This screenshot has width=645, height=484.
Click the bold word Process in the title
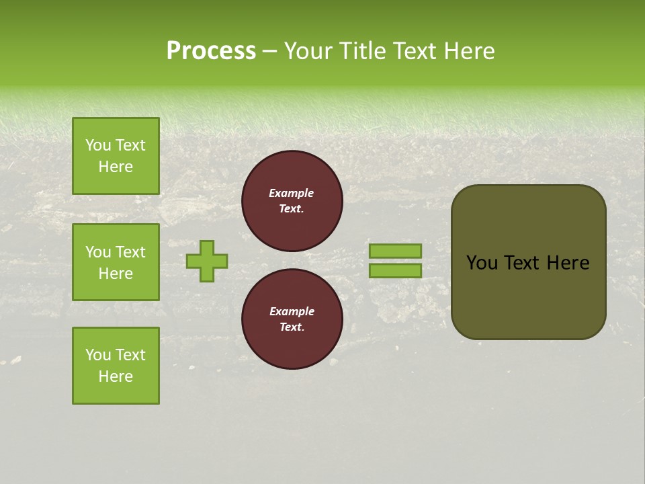click(211, 51)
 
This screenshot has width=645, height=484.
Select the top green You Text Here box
click(116, 156)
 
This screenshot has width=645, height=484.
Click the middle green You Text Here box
click(116, 262)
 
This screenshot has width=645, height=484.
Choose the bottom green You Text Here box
click(116, 366)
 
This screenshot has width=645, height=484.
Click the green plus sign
click(207, 261)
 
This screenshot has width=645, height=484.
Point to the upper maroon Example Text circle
click(292, 201)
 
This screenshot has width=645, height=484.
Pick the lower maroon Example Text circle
click(292, 319)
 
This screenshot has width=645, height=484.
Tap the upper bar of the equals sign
click(395, 251)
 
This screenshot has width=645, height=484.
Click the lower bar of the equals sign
click(395, 270)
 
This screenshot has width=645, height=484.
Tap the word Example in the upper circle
click(292, 193)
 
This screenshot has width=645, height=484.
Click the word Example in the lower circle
click(292, 311)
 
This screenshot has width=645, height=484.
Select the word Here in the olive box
click(568, 263)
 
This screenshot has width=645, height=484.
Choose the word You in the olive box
click(482, 263)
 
